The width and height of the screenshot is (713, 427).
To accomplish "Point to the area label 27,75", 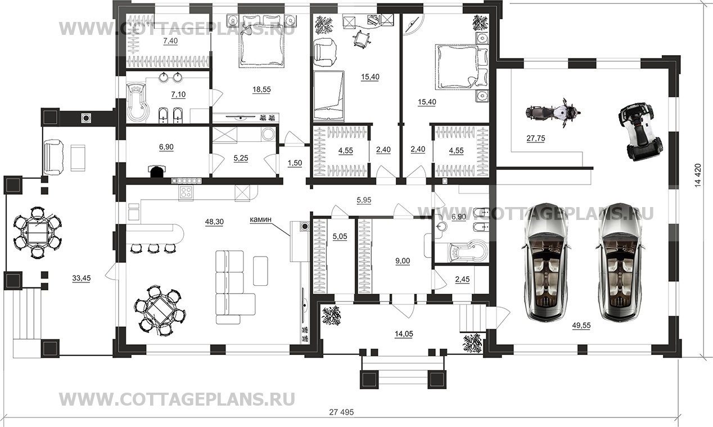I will coord(537,138).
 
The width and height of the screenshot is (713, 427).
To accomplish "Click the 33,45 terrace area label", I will coord(83,277).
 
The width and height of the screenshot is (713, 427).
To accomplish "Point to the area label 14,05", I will coord(404,334).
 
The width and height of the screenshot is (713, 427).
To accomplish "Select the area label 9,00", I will coord(403,261).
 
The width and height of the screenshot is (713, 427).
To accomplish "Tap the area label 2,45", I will coord(463,279).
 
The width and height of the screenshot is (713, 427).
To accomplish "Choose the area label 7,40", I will coord(170,42).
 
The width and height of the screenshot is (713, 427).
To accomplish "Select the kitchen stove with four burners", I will coord(186,192).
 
